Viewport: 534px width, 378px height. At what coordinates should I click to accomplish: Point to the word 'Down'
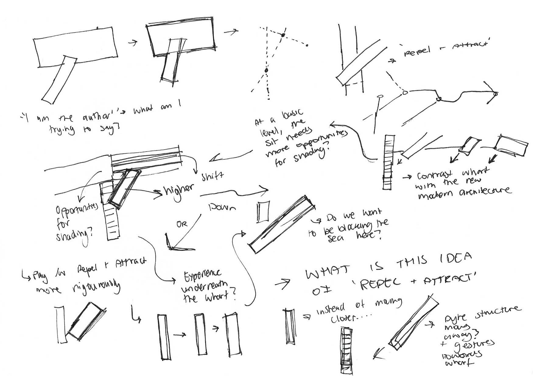(223, 208)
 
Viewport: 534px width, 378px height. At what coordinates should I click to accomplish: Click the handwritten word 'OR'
(182, 224)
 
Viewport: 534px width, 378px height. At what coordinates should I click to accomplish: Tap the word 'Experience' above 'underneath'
(202, 277)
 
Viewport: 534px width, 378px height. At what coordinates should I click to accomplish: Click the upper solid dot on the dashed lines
(283, 35)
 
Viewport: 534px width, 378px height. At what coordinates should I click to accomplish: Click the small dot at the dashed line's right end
(307, 45)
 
